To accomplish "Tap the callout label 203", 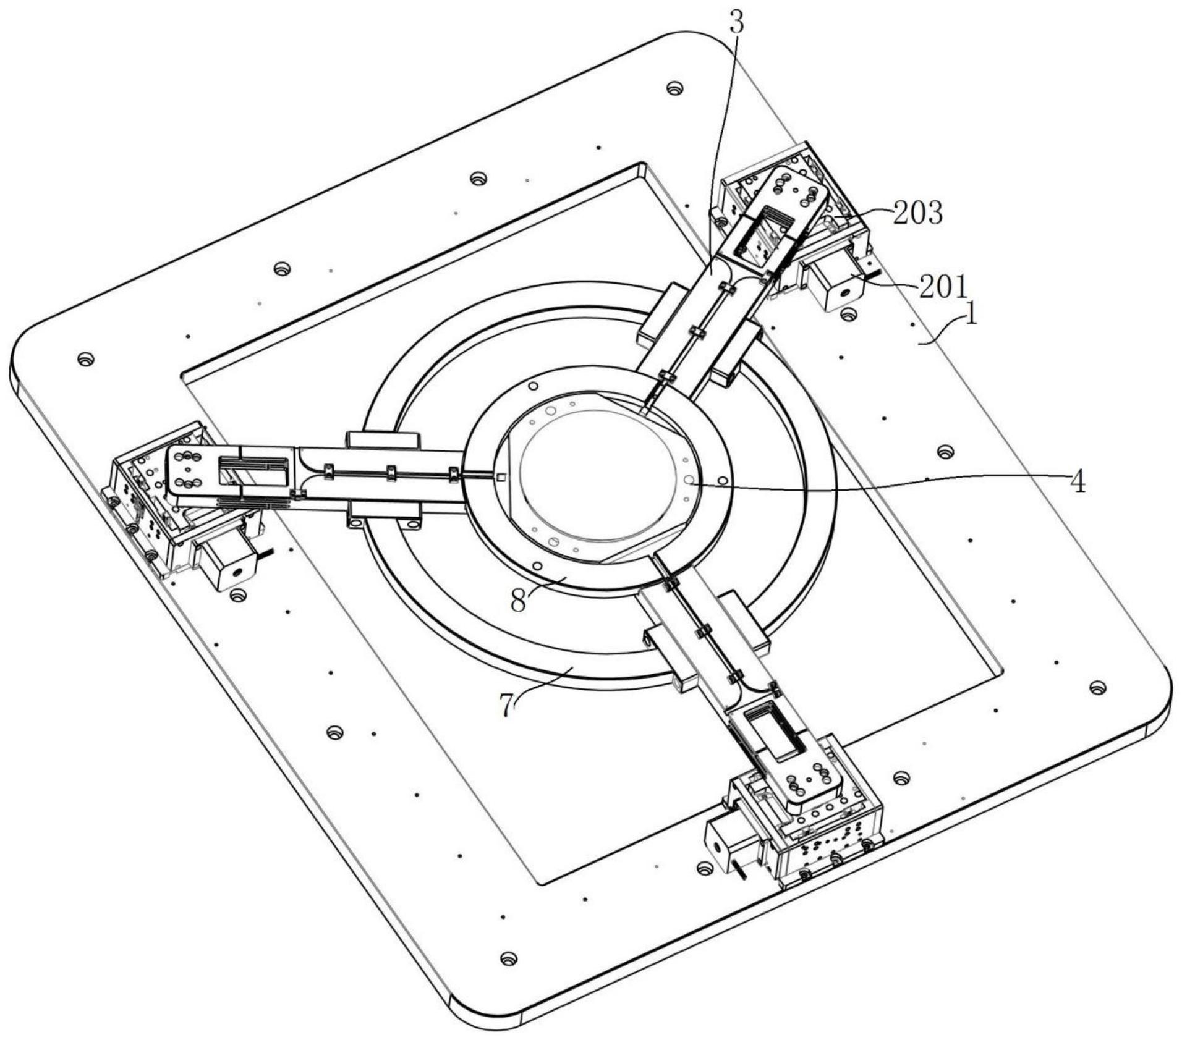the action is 917,213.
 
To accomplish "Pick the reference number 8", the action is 519,599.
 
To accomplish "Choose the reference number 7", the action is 507,705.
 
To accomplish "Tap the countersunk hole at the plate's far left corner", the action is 85,359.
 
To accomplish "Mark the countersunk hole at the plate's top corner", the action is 676,88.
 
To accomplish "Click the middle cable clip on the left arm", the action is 390,473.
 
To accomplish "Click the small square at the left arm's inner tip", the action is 501,476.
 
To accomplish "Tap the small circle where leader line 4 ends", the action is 689,480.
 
